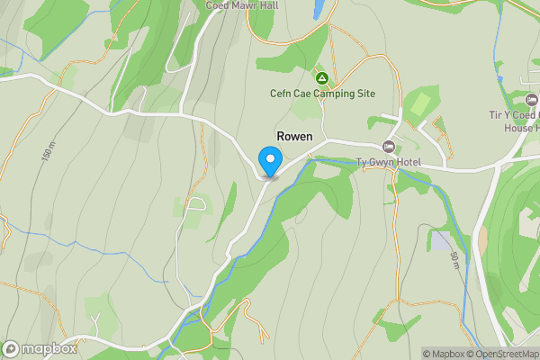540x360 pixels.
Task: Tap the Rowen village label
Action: click(x=295, y=136)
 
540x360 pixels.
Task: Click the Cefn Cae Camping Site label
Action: click(x=322, y=94)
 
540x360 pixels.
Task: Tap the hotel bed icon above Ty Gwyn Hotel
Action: click(x=389, y=147)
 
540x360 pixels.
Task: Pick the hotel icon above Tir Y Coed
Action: click(x=530, y=98)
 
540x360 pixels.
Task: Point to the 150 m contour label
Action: click(x=47, y=153)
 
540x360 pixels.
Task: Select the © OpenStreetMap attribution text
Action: click(x=502, y=354)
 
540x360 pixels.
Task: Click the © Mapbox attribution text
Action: click(x=442, y=354)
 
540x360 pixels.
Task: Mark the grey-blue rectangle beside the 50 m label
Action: click(x=441, y=240)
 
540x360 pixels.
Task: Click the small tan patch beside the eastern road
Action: click(x=483, y=238)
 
